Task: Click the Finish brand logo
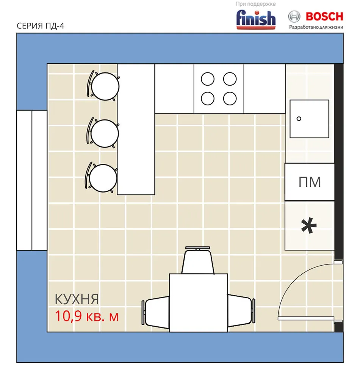[256, 19]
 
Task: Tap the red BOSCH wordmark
[324, 16]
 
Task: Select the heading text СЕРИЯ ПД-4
[40, 26]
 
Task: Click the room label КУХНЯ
[77, 299]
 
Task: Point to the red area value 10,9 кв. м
[87, 316]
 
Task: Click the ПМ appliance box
[310, 182]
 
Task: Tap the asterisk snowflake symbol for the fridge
[309, 226]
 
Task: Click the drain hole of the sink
[299, 119]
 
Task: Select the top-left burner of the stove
[208, 79]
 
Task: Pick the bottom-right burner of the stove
[230, 99]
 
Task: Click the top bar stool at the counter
[103, 86]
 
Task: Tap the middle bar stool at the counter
[103, 133]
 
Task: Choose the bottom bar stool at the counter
[101, 178]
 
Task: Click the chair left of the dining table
[155, 312]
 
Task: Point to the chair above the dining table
[198, 260]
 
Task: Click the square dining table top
[198, 302]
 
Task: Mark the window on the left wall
[32, 180]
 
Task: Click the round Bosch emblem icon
[294, 17]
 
